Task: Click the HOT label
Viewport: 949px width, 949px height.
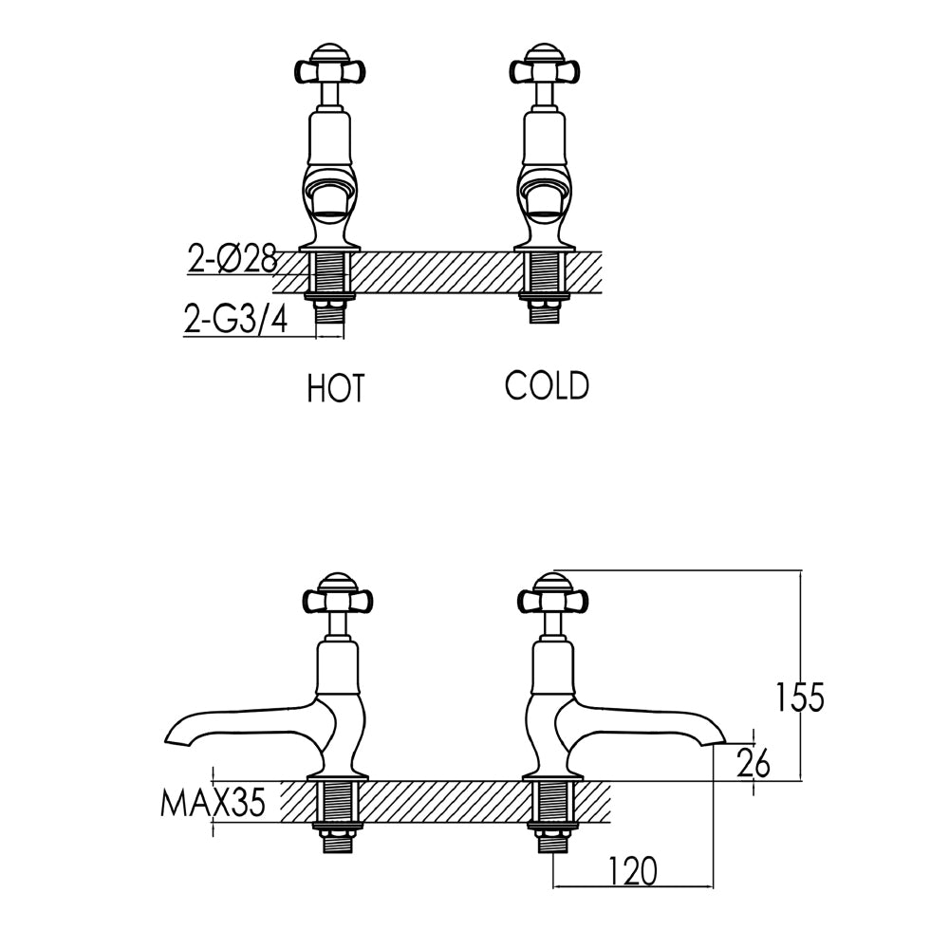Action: tap(336, 388)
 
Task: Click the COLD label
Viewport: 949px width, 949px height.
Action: tap(547, 386)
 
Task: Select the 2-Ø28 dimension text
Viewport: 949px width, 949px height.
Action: tap(232, 259)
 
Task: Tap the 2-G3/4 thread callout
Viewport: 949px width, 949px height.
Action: tap(234, 321)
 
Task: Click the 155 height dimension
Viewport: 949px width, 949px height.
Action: tap(796, 698)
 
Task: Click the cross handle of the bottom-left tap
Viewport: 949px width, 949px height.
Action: tap(337, 599)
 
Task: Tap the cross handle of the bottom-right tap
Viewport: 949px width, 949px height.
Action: tap(553, 599)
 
